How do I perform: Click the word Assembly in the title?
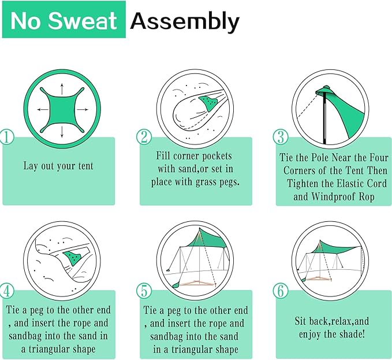coord(184,21)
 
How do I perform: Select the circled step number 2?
coord(144,138)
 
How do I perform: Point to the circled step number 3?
coord(281,138)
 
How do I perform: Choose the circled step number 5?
coord(144,290)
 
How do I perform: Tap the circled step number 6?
coord(281,290)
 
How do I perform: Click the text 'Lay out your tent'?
coord(58,166)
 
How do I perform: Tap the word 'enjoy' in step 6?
coord(312,334)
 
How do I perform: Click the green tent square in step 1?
coord(61,109)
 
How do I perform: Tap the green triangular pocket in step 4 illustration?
coord(73,255)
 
